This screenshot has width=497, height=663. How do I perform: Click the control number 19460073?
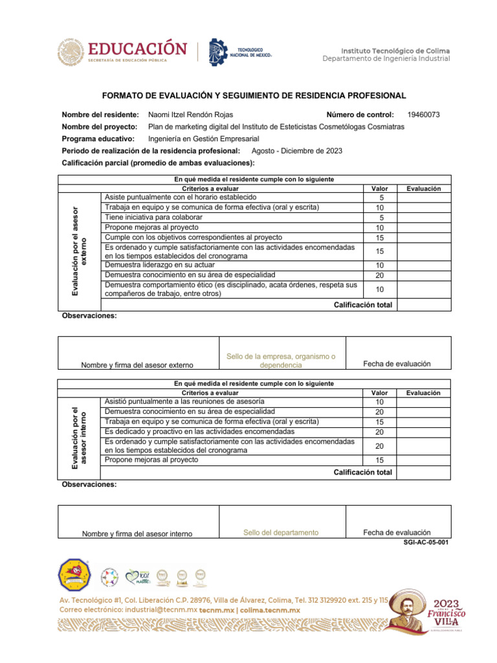pos(423,115)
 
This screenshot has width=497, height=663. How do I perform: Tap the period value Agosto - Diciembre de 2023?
pos(296,151)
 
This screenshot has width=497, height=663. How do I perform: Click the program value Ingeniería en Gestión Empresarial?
pos(203,139)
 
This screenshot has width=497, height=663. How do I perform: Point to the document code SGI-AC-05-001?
pos(425,543)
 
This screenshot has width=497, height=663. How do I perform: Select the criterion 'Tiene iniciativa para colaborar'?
pos(153,218)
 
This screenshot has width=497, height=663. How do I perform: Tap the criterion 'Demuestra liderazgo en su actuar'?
pos(159,265)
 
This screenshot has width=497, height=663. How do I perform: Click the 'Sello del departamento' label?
pos(281,533)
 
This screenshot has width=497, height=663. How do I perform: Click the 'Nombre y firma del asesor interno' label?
pos(137,534)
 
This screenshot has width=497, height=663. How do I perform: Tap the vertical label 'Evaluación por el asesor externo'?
pos(79,243)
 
